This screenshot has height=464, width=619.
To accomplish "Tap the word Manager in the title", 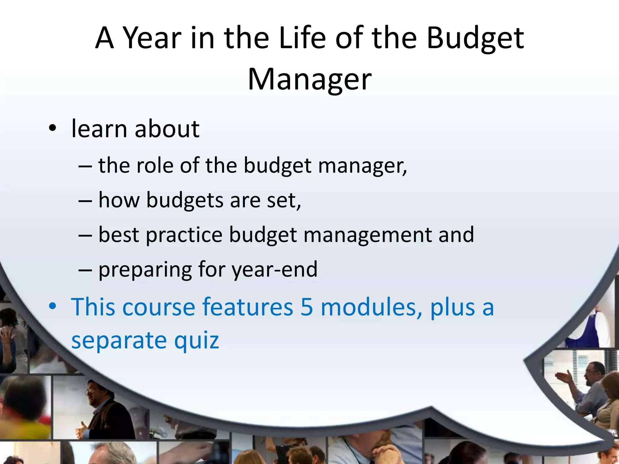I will click(309, 79).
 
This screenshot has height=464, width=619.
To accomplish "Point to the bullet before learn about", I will click(52, 128).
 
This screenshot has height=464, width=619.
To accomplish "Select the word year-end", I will click(274, 270).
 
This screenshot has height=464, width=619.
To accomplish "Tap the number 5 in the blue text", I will click(306, 307).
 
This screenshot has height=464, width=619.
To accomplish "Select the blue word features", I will click(248, 307).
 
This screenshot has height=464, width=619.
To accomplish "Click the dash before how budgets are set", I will click(85, 201).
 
